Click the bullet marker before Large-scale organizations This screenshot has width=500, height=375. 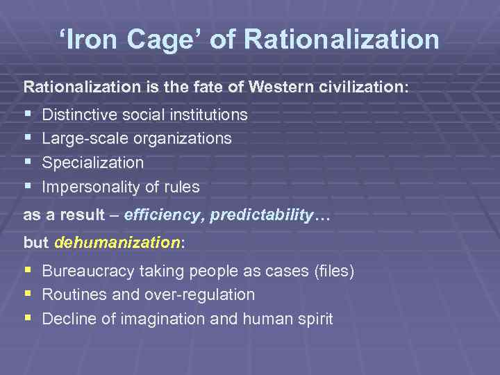[27, 137]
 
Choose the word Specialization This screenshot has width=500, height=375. [93, 163]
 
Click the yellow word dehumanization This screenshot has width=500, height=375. [117, 242]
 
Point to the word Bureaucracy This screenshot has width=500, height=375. [87, 271]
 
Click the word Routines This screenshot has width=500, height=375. [74, 295]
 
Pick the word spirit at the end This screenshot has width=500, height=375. [314, 319]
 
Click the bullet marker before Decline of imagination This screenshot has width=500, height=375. [27, 318]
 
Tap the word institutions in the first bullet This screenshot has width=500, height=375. [208, 114]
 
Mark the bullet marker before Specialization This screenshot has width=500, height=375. [27, 162]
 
